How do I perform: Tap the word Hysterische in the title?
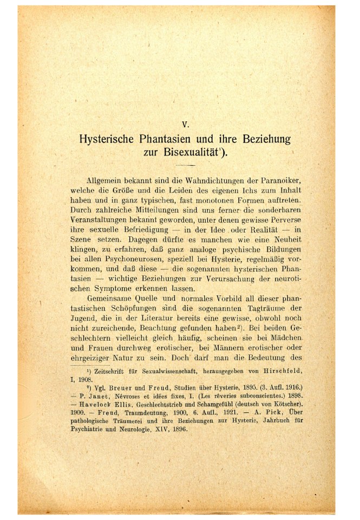[x=110, y=139]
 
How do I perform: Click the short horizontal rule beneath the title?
[x=185, y=165]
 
